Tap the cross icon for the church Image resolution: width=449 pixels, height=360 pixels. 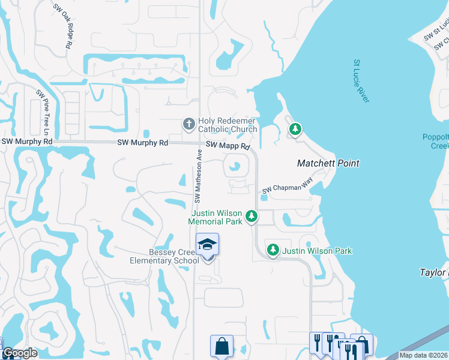[188, 124]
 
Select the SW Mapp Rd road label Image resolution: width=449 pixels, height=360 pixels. [228, 146]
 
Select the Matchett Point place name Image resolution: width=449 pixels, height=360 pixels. [328, 163]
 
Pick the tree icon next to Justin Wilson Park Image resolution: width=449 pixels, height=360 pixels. [273, 250]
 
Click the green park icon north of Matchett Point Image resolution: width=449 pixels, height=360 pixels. [295, 129]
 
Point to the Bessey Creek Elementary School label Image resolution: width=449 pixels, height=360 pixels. [165, 257]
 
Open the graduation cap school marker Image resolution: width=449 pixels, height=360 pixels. [208, 245]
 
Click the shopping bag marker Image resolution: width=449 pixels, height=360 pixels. [221, 346]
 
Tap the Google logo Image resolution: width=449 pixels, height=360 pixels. [20, 353]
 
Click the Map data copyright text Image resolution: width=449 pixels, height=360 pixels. [423, 355]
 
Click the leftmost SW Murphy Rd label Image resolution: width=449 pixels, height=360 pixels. [26, 142]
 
